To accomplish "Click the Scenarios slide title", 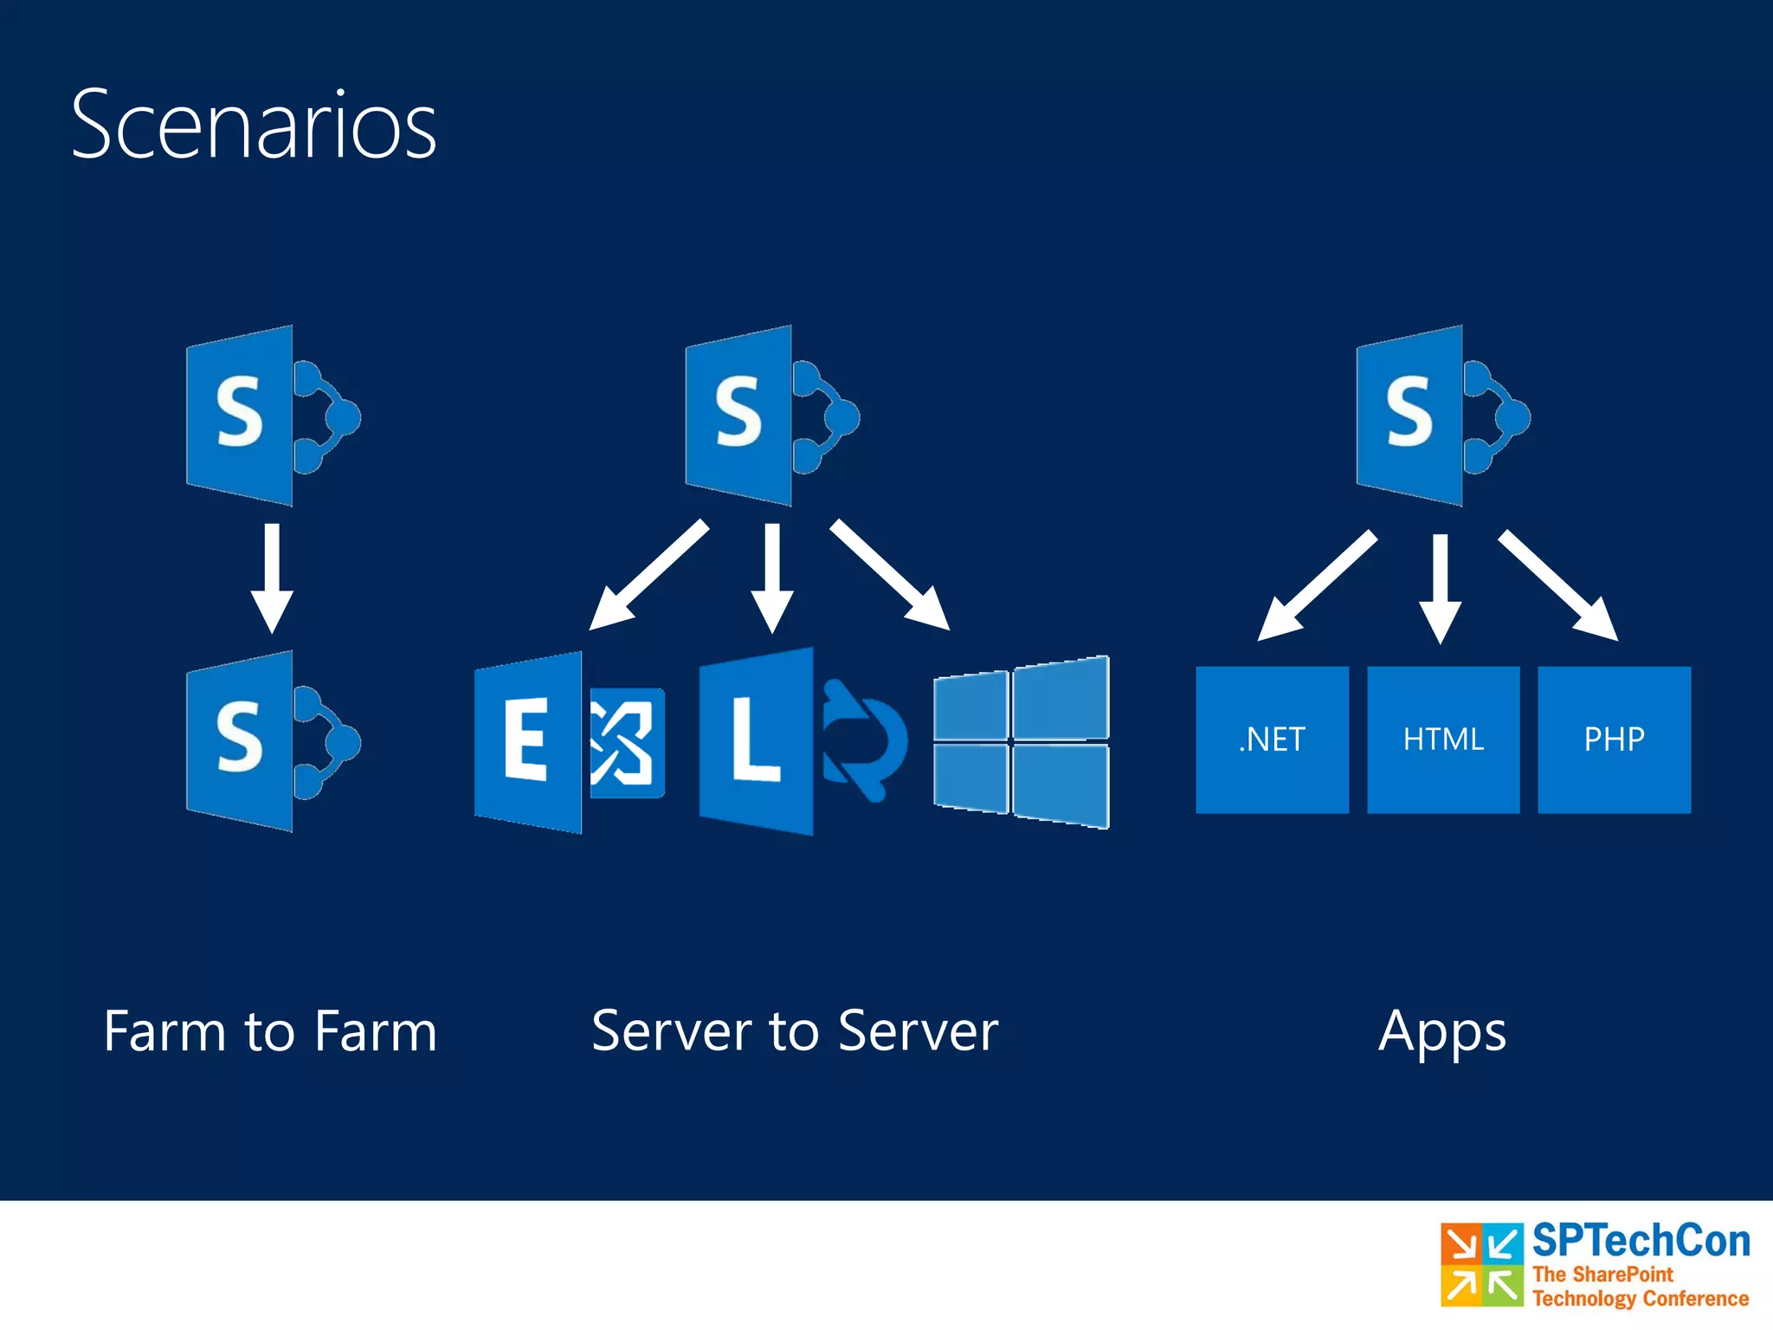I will [254, 126].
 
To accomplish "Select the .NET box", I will [1272, 739].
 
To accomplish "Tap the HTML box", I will [1443, 739].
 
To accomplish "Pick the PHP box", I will [1614, 739].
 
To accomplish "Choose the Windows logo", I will [1022, 742].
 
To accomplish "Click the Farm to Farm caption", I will [270, 1031].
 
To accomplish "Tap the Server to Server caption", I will [795, 1031].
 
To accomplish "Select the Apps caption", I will [1442, 1033].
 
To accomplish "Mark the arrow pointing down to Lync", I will [772, 576].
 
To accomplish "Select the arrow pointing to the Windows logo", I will [890, 574].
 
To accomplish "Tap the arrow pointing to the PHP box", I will [1558, 585].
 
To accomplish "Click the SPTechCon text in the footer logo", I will [1641, 1241].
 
